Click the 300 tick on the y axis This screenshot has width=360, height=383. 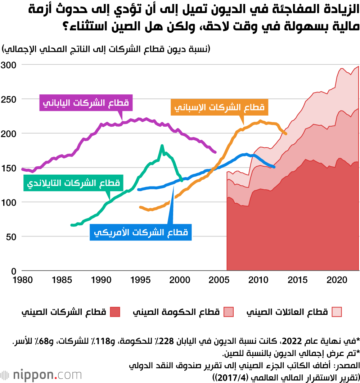tap(9, 65)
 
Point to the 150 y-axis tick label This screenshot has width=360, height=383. tap(9, 168)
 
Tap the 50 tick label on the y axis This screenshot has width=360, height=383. tap(11, 237)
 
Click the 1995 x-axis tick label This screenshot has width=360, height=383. tap(139, 280)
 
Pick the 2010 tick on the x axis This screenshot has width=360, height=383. tap(258, 280)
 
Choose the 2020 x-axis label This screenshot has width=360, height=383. tap(336, 280)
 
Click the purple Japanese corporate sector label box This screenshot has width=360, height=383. tap(86, 103)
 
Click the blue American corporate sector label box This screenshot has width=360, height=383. tap(141, 233)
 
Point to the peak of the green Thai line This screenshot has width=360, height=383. tap(162, 146)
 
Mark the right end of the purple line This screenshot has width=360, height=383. tap(215, 152)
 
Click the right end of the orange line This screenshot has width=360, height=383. tap(286, 134)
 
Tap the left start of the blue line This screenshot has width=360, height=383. tap(139, 189)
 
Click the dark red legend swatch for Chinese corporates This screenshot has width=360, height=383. tap(115, 312)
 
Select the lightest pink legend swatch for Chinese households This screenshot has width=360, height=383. tap(337, 312)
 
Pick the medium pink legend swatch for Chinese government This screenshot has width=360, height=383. tap(229, 312)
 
